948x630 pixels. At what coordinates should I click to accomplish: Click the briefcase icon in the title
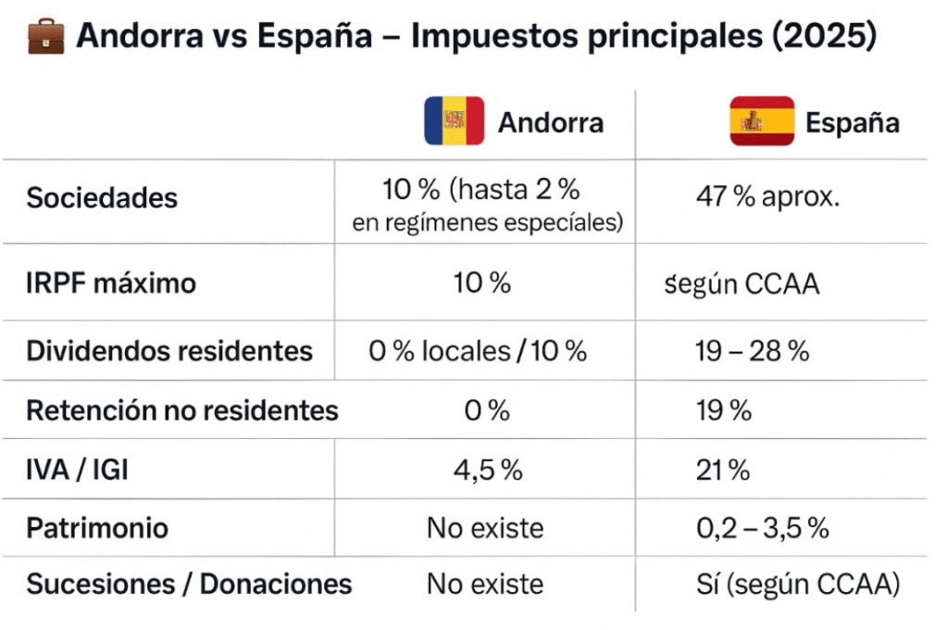point(46,38)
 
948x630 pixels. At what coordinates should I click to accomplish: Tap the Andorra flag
point(455,121)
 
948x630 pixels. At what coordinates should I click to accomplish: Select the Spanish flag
point(762,121)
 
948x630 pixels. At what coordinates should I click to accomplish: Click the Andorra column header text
point(550,123)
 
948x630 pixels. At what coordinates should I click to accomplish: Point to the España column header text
point(852,123)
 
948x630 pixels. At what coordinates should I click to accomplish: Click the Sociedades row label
point(102,198)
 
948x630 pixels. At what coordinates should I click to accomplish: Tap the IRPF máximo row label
point(111,283)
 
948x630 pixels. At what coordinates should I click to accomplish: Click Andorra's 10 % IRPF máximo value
point(481,283)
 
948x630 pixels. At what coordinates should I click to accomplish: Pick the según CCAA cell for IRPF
point(755,283)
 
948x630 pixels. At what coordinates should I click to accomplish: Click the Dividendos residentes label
point(169,352)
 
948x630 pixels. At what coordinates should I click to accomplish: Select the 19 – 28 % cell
point(752,352)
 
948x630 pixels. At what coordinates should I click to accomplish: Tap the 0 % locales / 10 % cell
point(479,352)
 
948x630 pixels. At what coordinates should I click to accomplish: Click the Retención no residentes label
point(181,410)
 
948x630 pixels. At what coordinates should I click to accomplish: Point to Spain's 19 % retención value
point(723,410)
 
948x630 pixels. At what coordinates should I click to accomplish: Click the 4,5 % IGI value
point(487,470)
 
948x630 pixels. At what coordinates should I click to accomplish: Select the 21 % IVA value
point(722,470)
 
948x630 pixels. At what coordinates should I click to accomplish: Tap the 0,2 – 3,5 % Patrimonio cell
point(761,528)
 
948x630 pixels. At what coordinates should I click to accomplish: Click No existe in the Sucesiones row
point(484,585)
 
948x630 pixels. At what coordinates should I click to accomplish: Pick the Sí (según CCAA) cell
point(797,585)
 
